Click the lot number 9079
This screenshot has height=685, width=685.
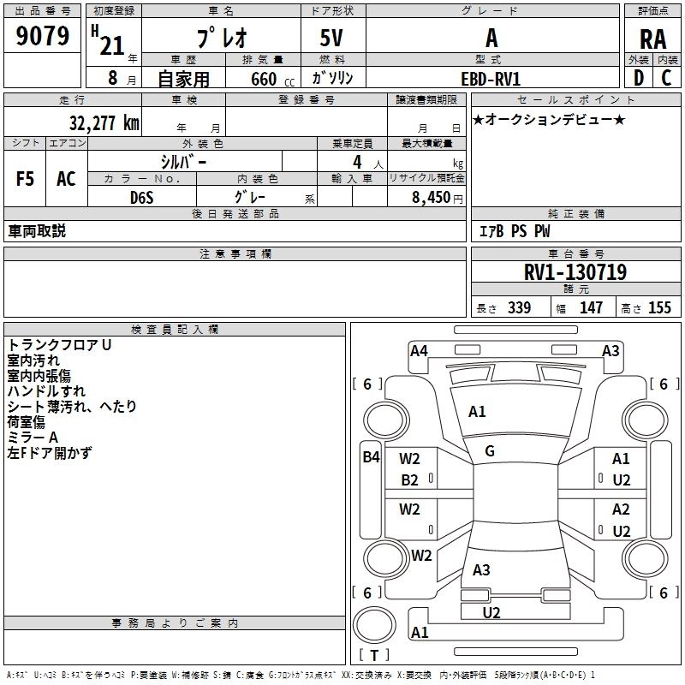[42, 36]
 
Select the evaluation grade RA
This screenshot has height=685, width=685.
[652, 39]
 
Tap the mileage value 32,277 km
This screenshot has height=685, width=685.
[104, 123]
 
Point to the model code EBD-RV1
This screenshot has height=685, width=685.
[491, 79]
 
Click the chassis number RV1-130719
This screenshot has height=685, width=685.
[575, 272]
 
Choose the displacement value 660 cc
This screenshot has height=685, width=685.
[272, 80]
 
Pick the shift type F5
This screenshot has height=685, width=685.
[25, 179]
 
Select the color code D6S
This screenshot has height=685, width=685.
[142, 198]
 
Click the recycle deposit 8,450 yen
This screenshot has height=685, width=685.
[438, 198]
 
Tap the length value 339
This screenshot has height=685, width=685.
[519, 307]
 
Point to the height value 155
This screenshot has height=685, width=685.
[659, 307]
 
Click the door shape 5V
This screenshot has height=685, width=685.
[331, 38]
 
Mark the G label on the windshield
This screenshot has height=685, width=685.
[490, 451]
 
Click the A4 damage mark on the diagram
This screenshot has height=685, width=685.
[419, 351]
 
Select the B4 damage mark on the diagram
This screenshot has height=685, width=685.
[372, 457]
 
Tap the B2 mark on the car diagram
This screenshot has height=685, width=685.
[409, 480]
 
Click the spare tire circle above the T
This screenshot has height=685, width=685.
[374, 625]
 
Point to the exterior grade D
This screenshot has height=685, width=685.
[638, 78]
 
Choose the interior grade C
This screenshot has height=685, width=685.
[666, 78]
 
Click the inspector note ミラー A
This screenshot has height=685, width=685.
[33, 438]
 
